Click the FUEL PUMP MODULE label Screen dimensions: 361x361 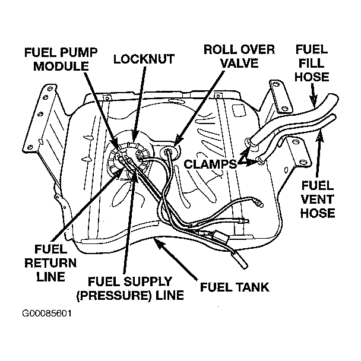tap(56, 58)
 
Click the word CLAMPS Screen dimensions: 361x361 tap(210, 163)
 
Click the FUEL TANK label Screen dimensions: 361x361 tap(235, 288)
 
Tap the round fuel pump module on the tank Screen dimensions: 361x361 tap(126, 160)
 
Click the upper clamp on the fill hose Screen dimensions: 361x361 tap(248, 142)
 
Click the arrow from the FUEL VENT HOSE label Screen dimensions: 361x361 tap(321, 154)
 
